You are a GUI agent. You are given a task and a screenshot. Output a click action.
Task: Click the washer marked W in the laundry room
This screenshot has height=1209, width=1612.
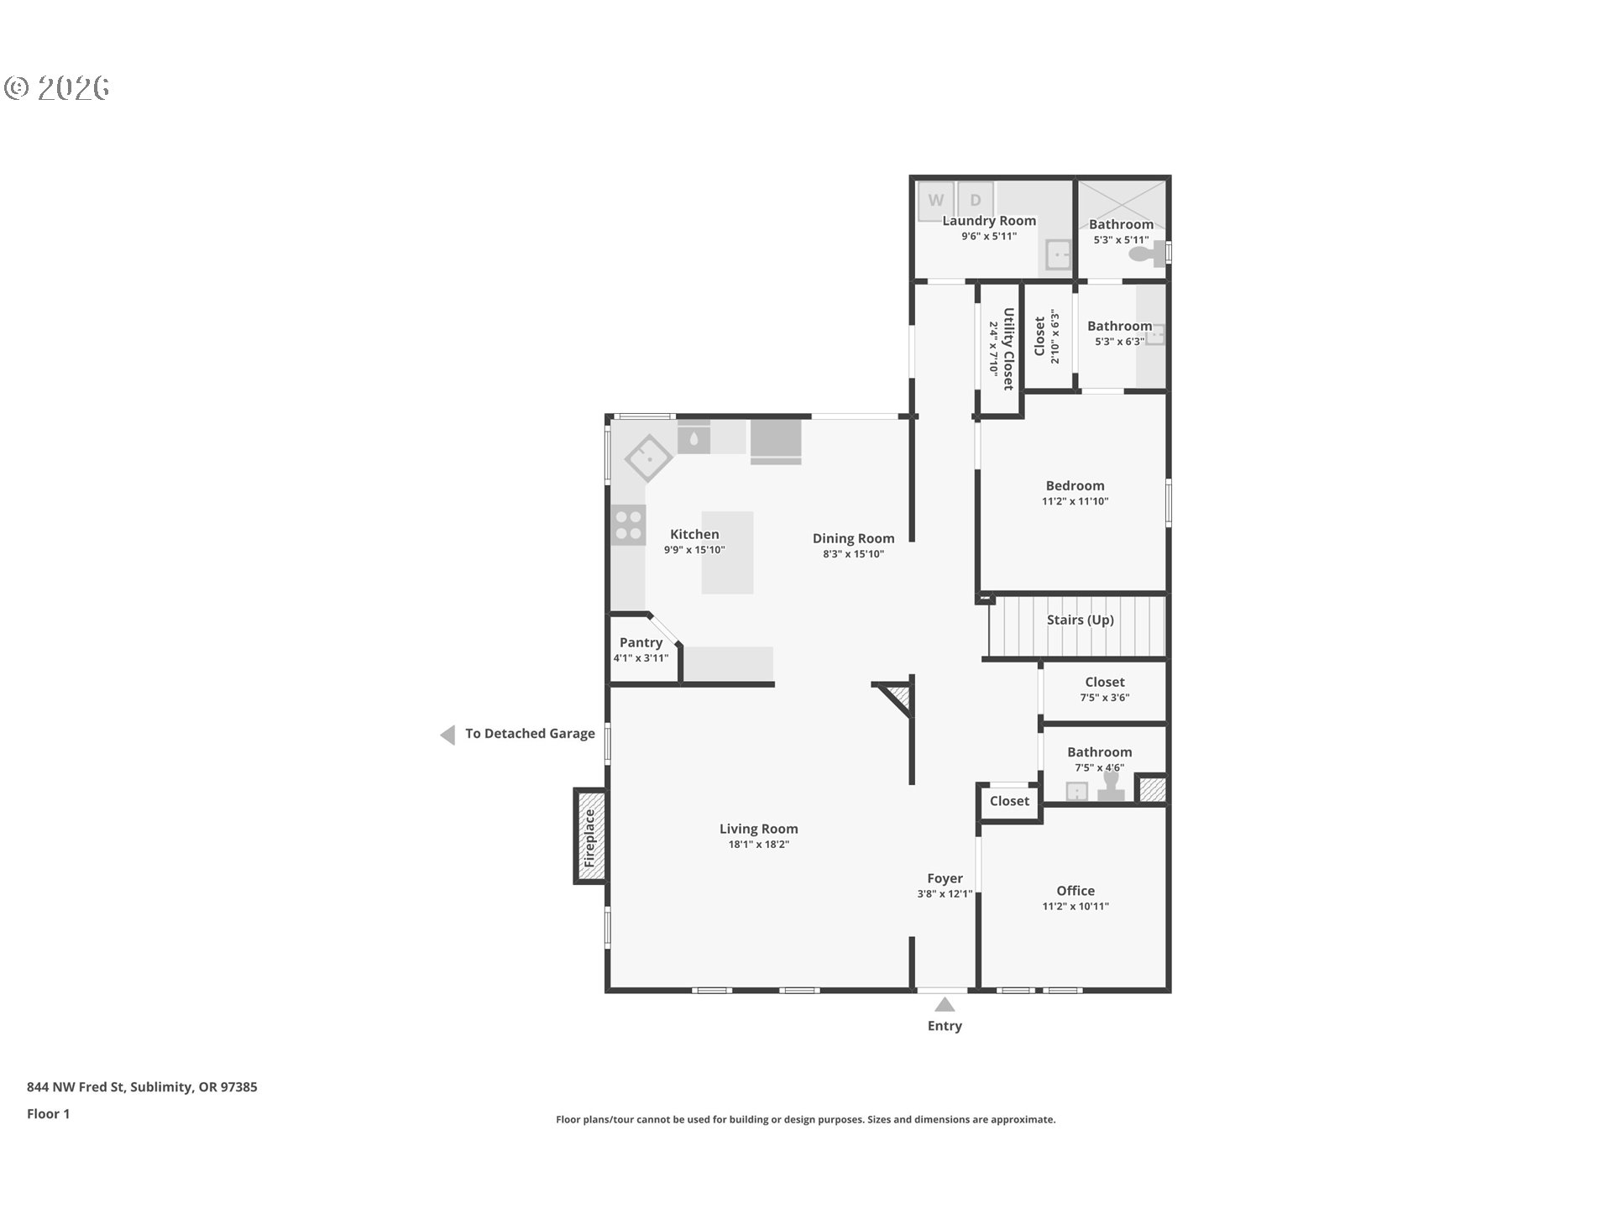tap(935, 201)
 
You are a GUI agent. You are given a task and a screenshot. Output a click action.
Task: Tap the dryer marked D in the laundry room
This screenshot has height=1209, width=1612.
tap(976, 200)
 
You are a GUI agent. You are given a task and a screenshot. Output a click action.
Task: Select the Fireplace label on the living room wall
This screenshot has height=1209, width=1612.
tap(589, 838)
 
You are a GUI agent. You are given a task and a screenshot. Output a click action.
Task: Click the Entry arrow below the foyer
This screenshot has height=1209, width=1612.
tap(945, 1004)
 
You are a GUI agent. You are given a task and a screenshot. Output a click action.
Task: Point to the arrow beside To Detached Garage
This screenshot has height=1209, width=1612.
tap(447, 735)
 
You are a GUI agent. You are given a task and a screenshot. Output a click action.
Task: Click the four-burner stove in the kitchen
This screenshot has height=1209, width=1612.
tap(628, 525)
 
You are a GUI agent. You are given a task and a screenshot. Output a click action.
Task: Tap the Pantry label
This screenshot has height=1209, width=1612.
tap(641, 642)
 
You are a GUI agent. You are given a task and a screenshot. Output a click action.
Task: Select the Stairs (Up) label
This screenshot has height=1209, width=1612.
tap(1081, 620)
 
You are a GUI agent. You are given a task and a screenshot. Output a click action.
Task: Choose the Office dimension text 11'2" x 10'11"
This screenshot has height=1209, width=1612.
tap(1076, 906)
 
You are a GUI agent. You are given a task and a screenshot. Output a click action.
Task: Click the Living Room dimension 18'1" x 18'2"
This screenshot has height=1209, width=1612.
tap(759, 844)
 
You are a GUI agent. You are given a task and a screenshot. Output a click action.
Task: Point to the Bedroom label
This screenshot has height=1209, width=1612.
tap(1076, 485)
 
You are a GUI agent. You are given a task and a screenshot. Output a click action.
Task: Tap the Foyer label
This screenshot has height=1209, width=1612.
tap(945, 878)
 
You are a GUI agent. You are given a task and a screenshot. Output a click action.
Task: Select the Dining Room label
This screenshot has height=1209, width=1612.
tap(854, 538)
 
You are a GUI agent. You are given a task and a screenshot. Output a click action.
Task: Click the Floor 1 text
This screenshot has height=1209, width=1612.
tap(49, 1114)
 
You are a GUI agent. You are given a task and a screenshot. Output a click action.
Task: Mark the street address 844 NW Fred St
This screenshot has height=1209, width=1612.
tap(76, 1087)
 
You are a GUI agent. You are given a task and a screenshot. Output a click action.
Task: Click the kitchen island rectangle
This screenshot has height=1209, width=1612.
tap(727, 552)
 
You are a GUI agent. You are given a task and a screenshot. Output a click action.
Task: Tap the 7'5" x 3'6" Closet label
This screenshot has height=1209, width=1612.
tap(1105, 683)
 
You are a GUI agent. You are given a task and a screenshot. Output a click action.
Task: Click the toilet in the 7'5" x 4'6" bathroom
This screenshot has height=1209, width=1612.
tap(1112, 787)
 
